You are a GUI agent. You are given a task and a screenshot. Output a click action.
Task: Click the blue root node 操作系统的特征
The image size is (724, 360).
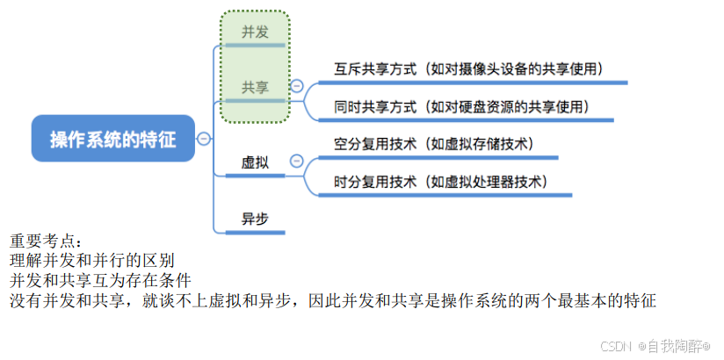coord(112,139)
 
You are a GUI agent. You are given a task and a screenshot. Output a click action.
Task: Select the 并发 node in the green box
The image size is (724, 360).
coord(255,32)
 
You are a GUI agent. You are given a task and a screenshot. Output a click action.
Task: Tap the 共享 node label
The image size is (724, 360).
coord(255,87)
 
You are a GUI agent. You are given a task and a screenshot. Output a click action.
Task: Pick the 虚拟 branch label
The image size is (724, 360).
coord(255,162)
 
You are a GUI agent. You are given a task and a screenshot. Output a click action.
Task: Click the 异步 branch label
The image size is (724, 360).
coord(255,219)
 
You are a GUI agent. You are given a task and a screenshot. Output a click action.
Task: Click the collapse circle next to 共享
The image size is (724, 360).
coord(296,86)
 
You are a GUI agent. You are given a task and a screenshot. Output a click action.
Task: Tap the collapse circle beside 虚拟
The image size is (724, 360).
coord(296,161)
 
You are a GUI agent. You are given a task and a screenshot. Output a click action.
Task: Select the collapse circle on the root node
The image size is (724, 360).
coord(204,139)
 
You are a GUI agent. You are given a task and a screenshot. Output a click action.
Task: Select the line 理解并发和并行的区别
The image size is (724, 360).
coord(91,261)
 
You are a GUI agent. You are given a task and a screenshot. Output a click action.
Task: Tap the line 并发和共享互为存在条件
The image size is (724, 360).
coord(100,281)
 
